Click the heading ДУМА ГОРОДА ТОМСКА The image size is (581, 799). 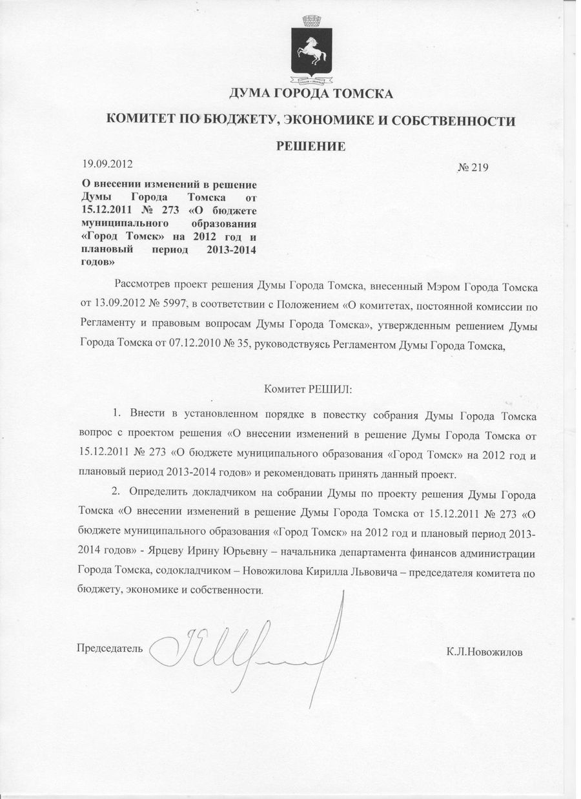311,95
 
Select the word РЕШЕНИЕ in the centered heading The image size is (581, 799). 311,146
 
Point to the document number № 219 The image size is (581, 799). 473,168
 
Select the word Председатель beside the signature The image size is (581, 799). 110,647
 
